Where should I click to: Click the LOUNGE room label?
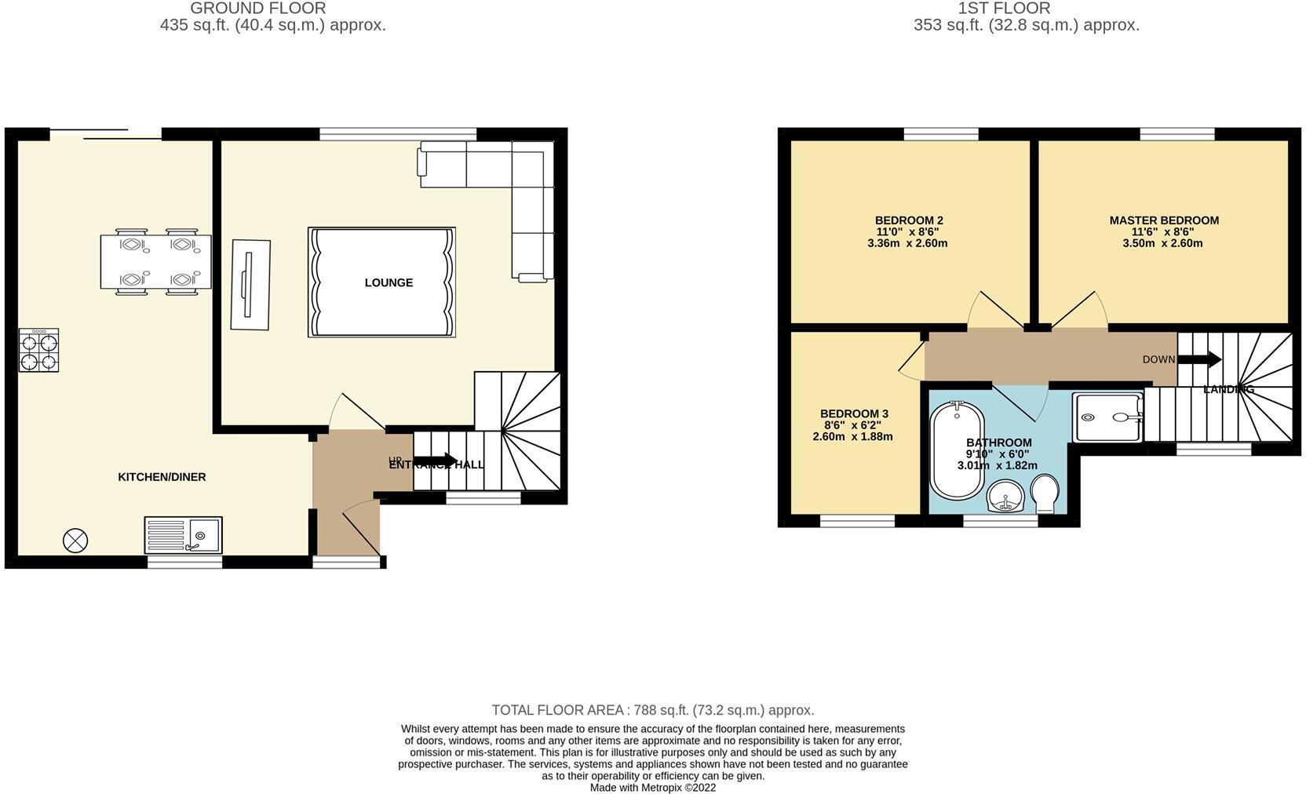pos(389,282)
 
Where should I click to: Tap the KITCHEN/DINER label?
pos(162,477)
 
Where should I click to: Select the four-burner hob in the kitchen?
pos(39,350)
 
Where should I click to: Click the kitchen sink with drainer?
pos(183,535)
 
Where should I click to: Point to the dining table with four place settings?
pos(155,261)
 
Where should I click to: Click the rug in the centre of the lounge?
pos(381,282)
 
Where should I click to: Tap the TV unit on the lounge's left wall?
pos(250,284)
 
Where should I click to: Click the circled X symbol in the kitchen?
pos(75,540)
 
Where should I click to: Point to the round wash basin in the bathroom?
pos(1006,497)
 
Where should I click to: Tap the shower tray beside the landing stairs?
pos(1107,417)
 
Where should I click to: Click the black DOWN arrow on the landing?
pos(1199,359)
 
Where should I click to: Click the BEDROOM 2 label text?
pos(909,220)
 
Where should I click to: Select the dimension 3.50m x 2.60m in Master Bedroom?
pos(1162,243)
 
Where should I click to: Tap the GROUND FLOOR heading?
pos(258,9)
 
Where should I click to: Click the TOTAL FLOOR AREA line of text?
pos(652,710)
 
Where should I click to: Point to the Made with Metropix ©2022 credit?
pos(652,788)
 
